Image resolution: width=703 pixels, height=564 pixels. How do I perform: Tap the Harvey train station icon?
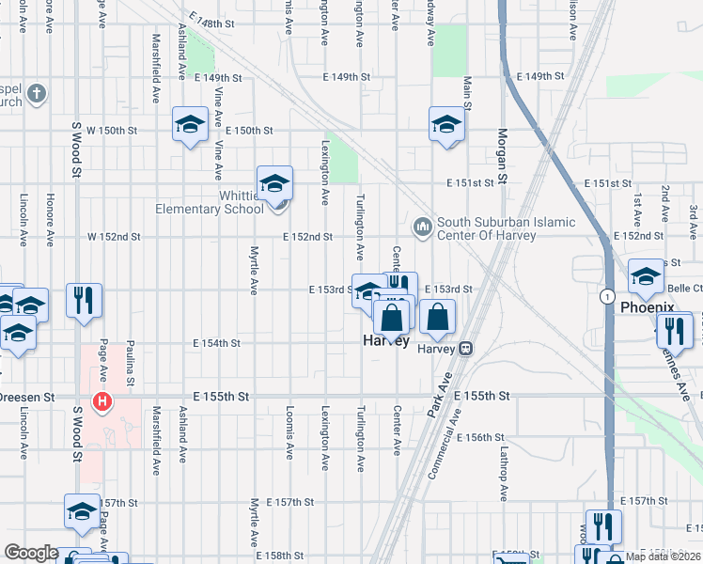pyautogui.click(x=465, y=348)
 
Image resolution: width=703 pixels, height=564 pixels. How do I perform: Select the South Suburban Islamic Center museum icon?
pyautogui.click(x=421, y=227)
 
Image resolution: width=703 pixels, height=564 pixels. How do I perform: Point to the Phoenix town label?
pyautogui.click(x=648, y=307)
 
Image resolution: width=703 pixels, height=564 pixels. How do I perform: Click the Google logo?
pyautogui.click(x=31, y=553)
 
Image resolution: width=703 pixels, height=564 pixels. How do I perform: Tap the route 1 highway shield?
pyautogui.click(x=609, y=294)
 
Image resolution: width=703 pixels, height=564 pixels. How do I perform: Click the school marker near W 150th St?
pyautogui.click(x=190, y=125)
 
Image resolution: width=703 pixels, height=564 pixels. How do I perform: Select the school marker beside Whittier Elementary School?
pyautogui.click(x=275, y=183)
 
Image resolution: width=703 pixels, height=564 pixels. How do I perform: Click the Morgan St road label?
pyautogui.click(x=502, y=155)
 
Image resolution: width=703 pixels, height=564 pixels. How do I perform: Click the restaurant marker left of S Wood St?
pyautogui.click(x=84, y=301)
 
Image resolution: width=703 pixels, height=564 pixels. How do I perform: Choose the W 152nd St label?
pyautogui.click(x=113, y=237)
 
